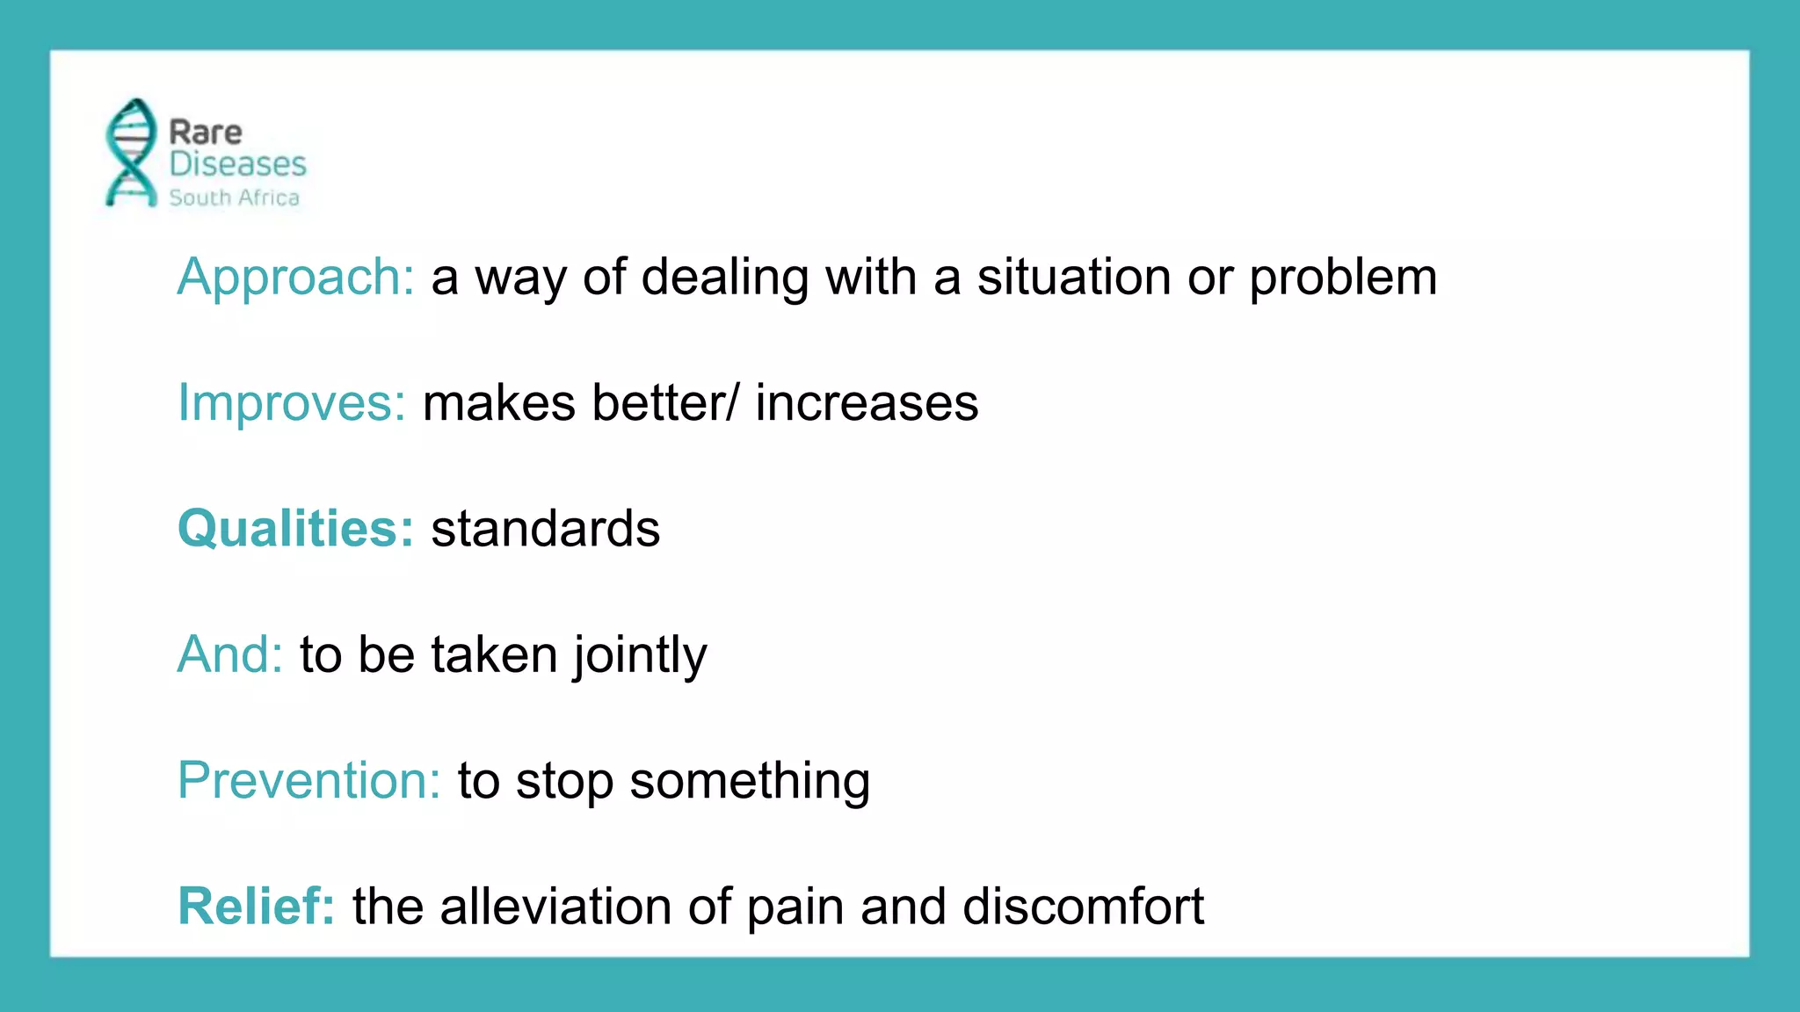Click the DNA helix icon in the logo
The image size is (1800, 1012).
(x=131, y=153)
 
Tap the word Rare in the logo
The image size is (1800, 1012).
(x=205, y=133)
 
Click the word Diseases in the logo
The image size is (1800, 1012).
(x=237, y=164)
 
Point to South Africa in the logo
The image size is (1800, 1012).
(x=234, y=198)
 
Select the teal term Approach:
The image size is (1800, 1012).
(x=295, y=278)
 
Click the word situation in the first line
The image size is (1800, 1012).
(x=1074, y=278)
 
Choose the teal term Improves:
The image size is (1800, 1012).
(x=291, y=403)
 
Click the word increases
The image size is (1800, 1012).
(x=866, y=403)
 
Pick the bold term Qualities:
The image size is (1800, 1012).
(x=295, y=529)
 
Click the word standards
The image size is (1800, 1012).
(x=545, y=529)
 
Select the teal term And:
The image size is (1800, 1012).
(x=229, y=654)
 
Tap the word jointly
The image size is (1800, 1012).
(x=640, y=656)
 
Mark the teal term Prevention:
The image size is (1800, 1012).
(x=308, y=780)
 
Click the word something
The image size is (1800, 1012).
(x=750, y=781)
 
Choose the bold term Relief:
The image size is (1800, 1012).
(x=256, y=906)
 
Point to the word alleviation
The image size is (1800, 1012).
(x=555, y=906)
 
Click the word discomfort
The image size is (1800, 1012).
(x=1083, y=906)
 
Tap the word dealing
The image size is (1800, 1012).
(x=724, y=278)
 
